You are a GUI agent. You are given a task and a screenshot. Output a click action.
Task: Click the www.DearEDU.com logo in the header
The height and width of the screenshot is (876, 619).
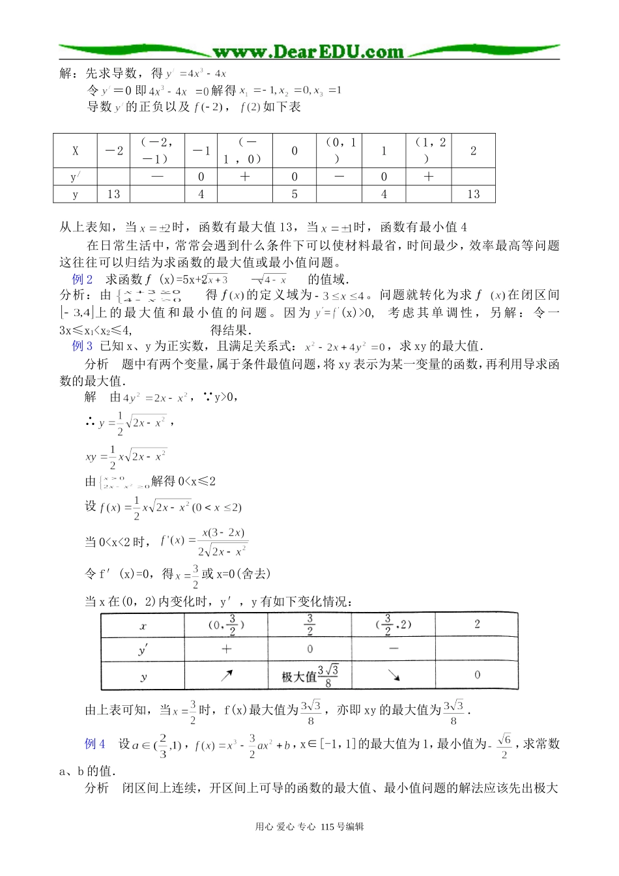[x=308, y=51]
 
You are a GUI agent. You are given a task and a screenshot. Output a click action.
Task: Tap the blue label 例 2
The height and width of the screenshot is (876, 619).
[x=82, y=280]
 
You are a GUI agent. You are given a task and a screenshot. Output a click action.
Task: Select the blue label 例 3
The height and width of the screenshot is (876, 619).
[x=82, y=346]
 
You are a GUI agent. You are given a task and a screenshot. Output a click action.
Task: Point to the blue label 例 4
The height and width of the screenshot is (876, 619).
[x=94, y=744]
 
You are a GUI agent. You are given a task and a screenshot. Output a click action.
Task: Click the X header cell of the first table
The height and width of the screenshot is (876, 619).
[x=75, y=151]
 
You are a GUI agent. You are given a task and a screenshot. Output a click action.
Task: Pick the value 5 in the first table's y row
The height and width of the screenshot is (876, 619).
[x=295, y=194]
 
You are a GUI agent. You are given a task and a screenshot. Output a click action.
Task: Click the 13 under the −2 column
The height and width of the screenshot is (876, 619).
[x=113, y=194]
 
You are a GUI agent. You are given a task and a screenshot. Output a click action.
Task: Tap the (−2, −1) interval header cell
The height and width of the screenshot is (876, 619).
[x=157, y=151]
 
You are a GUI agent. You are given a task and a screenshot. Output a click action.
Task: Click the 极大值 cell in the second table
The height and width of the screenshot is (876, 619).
[x=309, y=677]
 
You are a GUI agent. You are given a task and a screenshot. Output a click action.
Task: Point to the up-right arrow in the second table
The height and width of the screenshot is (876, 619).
[x=226, y=676]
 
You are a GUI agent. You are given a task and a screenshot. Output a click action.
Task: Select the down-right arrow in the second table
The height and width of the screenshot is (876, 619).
[x=393, y=676]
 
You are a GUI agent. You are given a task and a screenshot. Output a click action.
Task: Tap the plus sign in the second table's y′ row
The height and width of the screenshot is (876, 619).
[x=226, y=649]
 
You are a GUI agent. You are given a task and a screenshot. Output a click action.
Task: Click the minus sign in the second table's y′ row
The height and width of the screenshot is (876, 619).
[x=393, y=649]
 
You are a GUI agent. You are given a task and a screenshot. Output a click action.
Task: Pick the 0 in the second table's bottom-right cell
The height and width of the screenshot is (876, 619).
[x=477, y=675]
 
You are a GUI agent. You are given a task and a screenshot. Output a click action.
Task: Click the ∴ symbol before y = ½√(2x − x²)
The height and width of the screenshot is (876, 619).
[x=91, y=423]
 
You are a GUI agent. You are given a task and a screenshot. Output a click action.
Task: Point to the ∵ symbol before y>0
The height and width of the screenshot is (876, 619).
[x=207, y=397]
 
